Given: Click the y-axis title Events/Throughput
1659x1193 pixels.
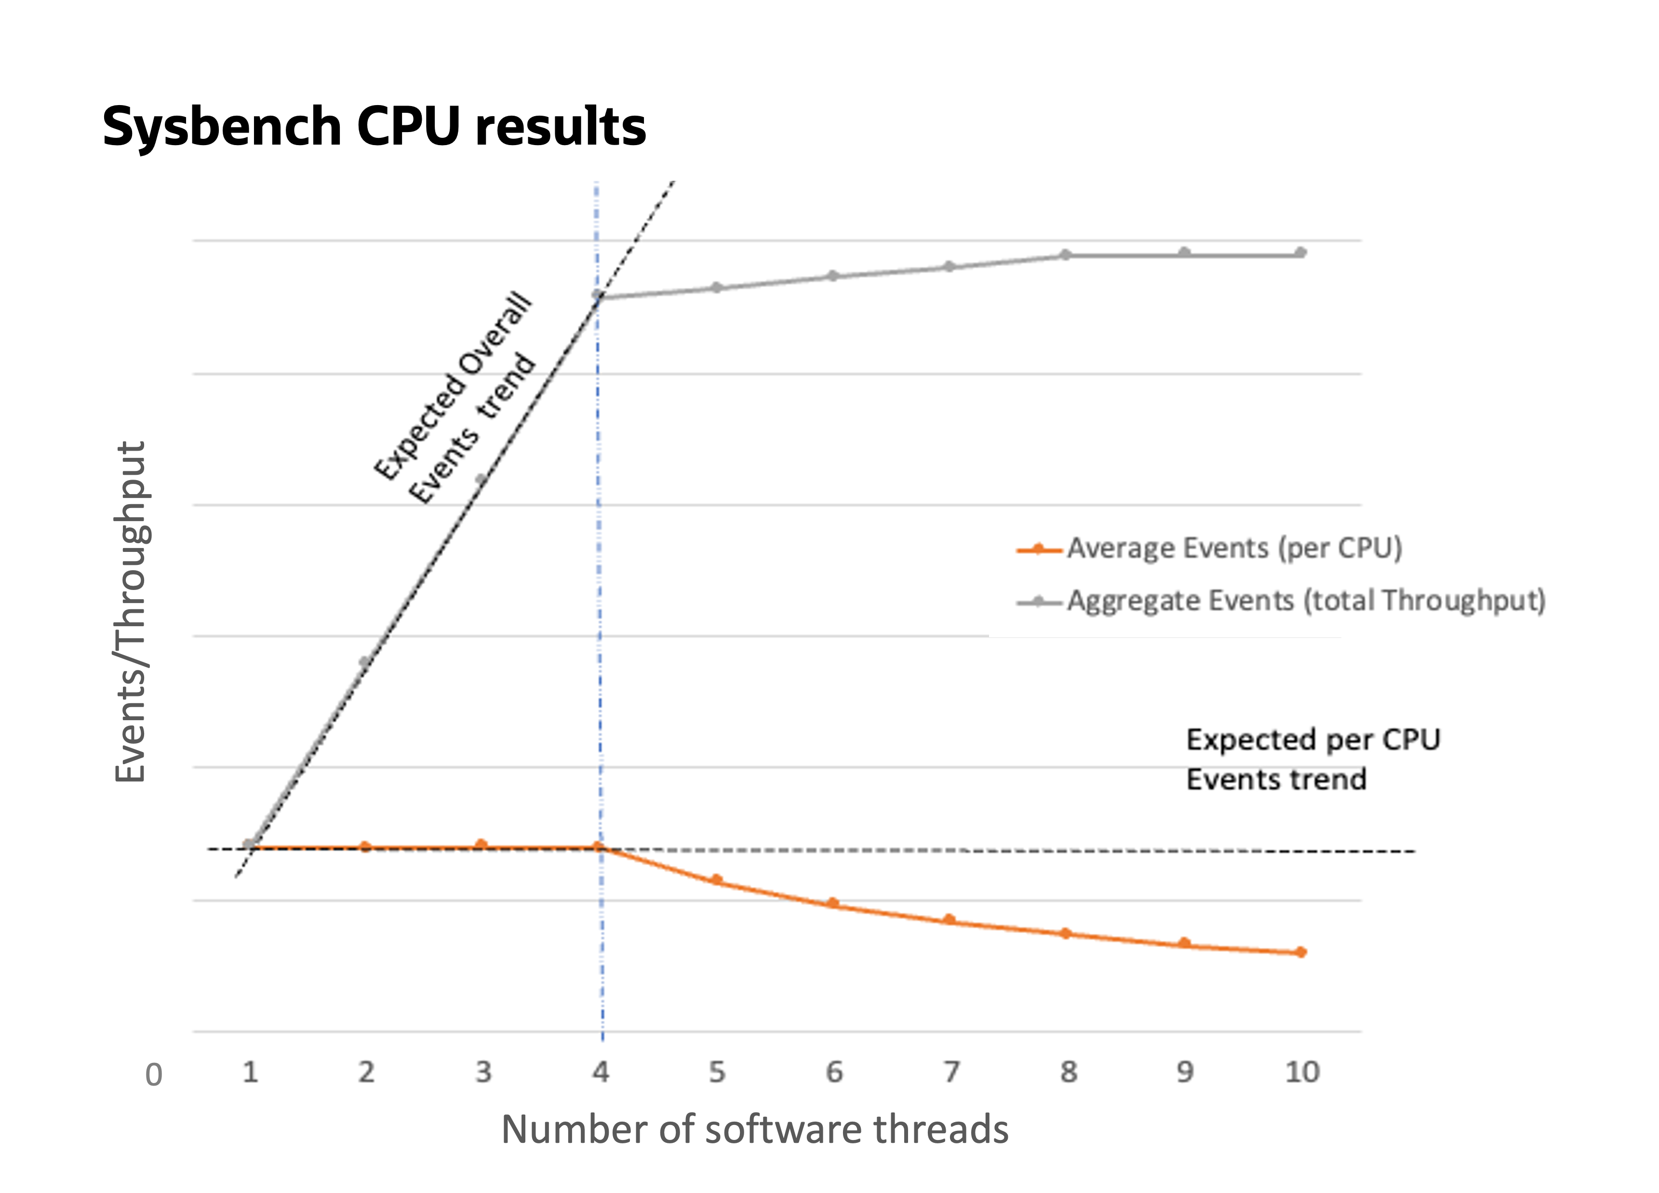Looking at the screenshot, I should coord(132,612).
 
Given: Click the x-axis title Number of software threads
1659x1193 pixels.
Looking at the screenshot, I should coord(754,1128).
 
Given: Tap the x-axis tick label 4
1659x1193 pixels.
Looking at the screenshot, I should coord(601,1072).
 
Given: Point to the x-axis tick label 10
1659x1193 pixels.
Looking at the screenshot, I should coord(1302,1072).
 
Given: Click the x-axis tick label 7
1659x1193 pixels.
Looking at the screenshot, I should coord(951,1072).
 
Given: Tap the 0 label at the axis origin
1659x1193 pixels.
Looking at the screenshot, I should coord(154,1074).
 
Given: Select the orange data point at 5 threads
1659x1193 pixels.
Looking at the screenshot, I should coord(717,879).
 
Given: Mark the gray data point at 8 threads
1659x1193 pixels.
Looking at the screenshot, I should coord(1066,255).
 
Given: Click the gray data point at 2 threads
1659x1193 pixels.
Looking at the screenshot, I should coord(365,662).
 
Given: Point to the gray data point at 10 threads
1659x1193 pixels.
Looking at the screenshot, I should coord(1300,253).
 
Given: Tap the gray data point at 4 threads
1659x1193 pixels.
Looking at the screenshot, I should coord(598,295).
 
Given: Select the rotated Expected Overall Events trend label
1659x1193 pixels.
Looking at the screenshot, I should coord(455,399).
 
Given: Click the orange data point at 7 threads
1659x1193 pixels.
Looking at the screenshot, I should coord(950,919).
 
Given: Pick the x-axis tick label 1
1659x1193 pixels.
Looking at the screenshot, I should coord(250,1072).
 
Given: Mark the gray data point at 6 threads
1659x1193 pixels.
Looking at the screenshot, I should coord(832,275).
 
